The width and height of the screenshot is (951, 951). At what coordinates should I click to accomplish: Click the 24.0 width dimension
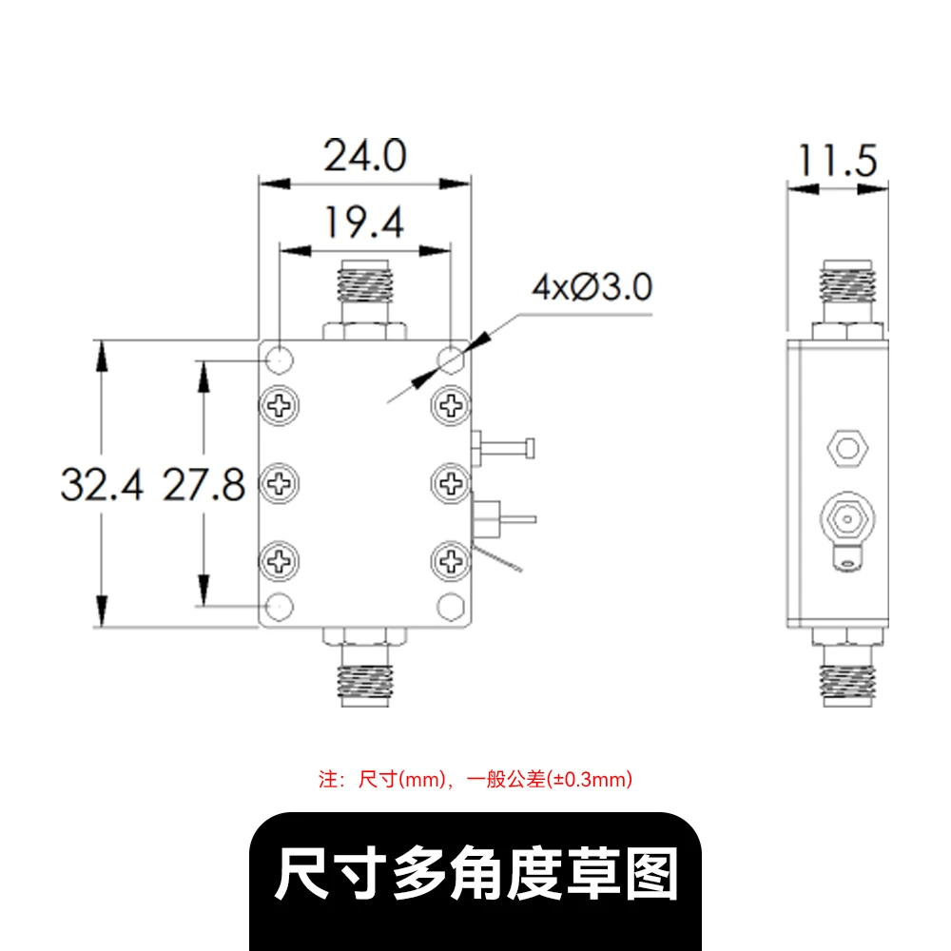(365, 156)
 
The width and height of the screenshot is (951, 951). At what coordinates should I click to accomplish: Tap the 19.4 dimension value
(364, 223)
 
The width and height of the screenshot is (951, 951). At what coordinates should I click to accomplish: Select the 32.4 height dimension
(103, 485)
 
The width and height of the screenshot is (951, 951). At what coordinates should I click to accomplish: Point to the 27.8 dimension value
(204, 485)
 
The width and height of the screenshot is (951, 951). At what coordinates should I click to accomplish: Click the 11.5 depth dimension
(838, 161)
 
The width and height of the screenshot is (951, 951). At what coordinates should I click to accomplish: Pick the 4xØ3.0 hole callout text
(592, 287)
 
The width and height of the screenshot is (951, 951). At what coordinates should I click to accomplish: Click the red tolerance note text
(475, 780)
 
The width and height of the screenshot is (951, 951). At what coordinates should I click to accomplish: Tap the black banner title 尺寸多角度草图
(476, 874)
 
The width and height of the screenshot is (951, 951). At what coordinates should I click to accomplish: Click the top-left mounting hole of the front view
(280, 359)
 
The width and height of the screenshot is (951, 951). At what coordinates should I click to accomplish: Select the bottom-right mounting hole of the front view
(451, 606)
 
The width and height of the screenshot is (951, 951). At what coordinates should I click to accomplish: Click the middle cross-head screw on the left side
(280, 483)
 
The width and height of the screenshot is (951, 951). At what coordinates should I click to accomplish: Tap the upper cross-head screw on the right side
(451, 405)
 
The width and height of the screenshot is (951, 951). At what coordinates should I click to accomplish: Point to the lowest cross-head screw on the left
(280, 561)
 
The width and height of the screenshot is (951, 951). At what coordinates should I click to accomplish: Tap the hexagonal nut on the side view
(847, 448)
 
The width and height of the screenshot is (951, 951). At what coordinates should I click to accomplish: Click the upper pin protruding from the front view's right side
(503, 449)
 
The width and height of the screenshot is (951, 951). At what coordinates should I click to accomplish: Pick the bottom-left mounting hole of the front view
(280, 606)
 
